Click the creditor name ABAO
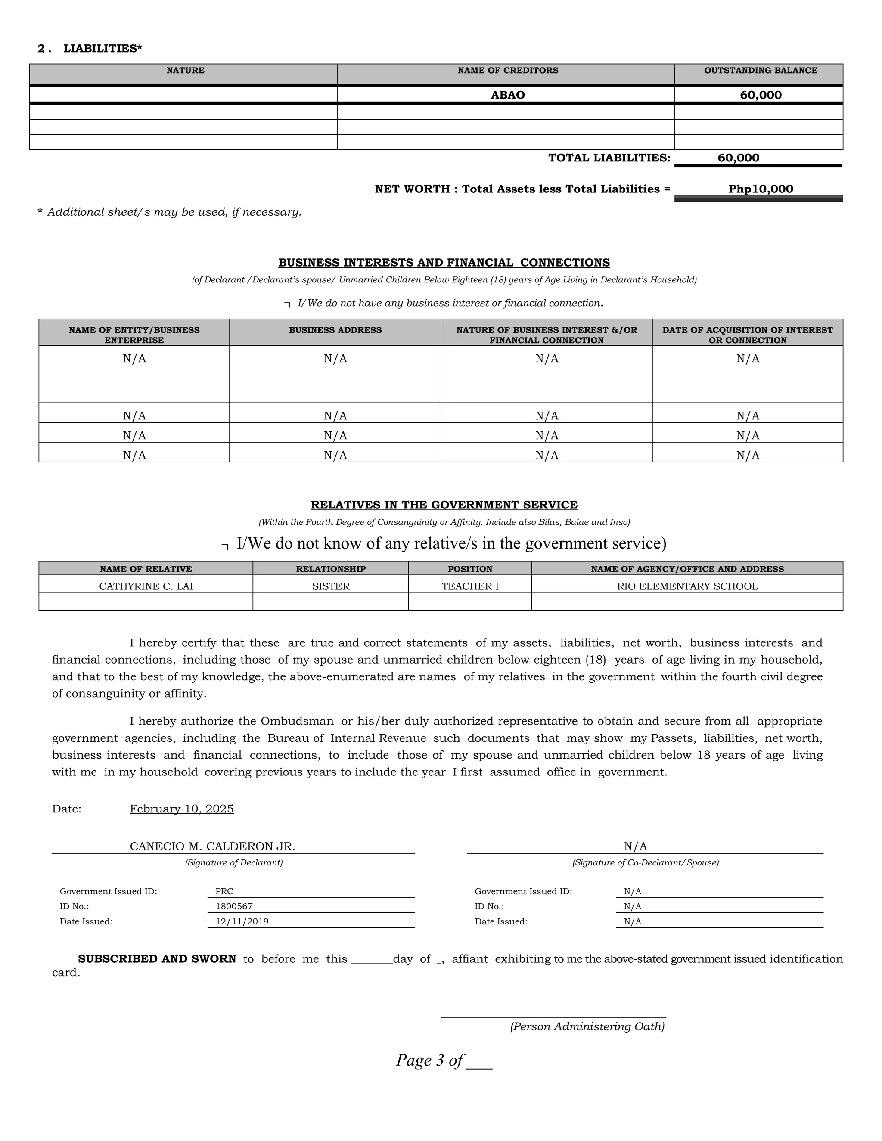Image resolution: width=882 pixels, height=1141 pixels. point(507,95)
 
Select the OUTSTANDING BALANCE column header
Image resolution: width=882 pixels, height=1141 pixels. point(760,71)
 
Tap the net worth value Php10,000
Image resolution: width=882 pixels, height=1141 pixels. point(760,189)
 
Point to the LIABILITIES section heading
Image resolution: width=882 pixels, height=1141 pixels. point(102,49)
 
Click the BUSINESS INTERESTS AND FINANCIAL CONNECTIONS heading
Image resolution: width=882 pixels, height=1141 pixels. point(444,263)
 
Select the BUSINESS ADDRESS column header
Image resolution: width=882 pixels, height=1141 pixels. point(335,330)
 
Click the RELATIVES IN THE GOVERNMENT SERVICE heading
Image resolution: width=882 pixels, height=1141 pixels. point(444,505)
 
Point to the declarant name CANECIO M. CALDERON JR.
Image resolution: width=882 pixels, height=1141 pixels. point(212,846)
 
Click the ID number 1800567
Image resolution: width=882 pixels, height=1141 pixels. point(234,906)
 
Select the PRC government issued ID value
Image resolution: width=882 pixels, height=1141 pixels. point(224,891)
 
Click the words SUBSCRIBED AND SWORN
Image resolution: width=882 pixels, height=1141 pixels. point(157,959)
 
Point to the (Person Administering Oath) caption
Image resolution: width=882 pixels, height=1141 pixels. point(587,1026)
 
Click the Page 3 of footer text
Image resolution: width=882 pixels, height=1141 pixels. point(429,1060)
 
